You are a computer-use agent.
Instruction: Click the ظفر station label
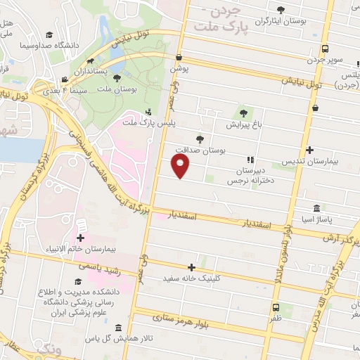pos(275,319)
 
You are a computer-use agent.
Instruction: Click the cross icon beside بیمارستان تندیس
pos(310,150)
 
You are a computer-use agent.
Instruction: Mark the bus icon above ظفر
pos(276,307)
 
